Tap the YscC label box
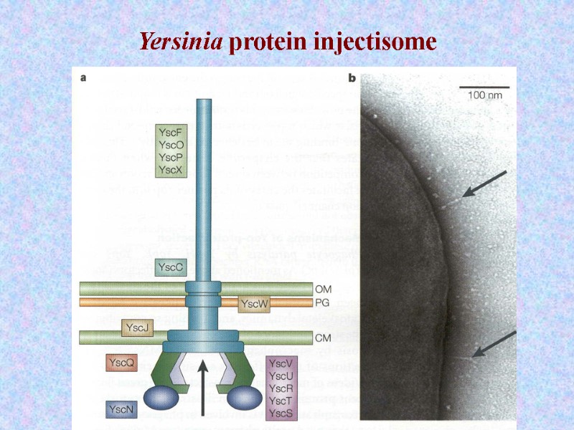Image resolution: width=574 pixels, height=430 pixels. pos(171,267)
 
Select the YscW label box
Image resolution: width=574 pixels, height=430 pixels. pos(255,304)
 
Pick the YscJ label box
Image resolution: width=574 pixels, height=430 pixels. pos(136,328)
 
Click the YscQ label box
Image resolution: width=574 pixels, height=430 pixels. pos(121,363)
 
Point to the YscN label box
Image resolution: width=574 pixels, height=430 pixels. pos(120,410)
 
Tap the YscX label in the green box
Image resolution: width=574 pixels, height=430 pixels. pos(171,169)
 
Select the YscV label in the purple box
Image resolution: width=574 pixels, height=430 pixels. pos(279,363)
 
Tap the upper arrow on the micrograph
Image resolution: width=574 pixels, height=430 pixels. pos(484,184)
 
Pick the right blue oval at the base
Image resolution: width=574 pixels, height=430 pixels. pos(244,397)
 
